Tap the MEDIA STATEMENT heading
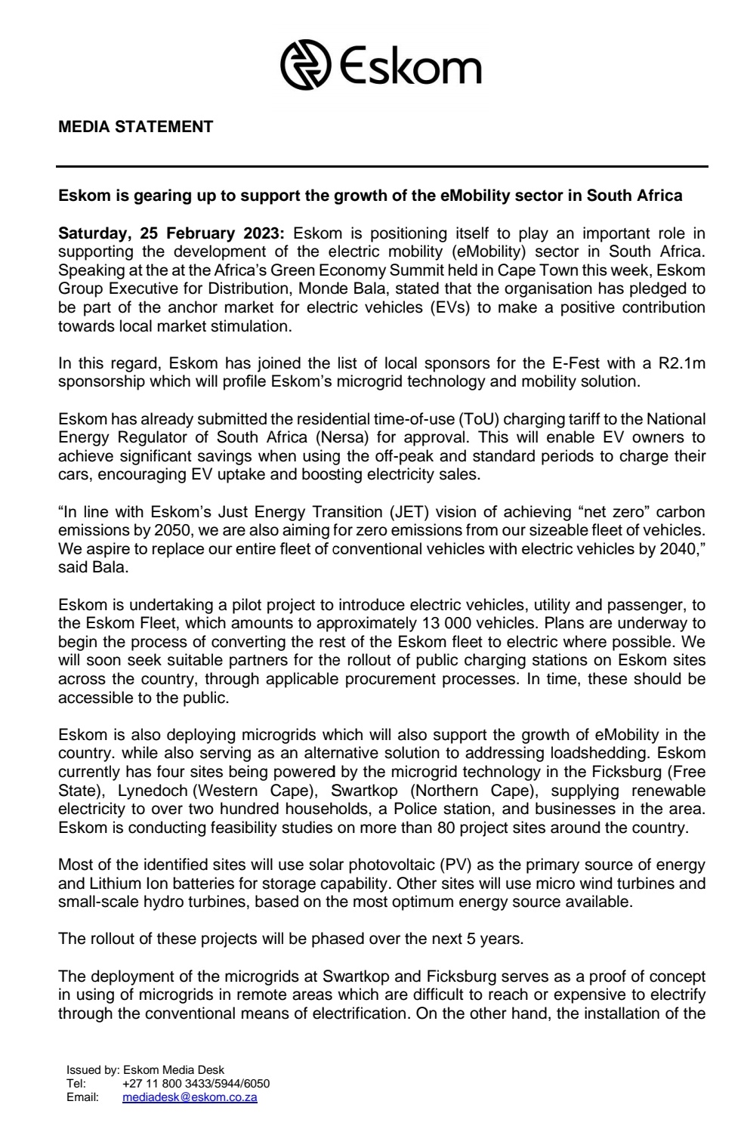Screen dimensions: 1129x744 (135, 127)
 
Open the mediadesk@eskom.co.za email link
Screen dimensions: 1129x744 (190, 1097)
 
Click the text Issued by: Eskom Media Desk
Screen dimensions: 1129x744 (145, 1070)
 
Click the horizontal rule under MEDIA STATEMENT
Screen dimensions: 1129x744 (382, 166)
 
